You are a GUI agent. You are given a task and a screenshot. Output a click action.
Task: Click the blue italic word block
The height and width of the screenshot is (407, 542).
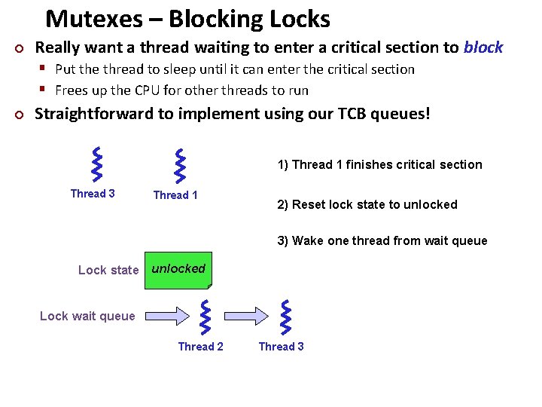pyautogui.click(x=483, y=47)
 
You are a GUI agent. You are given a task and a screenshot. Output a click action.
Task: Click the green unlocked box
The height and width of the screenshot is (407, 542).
pyautogui.click(x=179, y=270)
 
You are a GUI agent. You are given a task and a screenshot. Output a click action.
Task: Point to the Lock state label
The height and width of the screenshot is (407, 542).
pyautogui.click(x=108, y=270)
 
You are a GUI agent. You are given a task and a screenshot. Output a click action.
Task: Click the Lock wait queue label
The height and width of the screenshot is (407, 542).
pyautogui.click(x=87, y=316)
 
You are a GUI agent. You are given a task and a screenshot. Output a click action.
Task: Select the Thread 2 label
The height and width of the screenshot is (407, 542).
pyautogui.click(x=200, y=347)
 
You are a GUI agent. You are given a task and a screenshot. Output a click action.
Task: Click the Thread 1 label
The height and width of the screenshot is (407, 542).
pyautogui.click(x=175, y=195)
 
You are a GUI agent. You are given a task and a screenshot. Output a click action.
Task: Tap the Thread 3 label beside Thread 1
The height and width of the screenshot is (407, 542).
pyautogui.click(x=93, y=194)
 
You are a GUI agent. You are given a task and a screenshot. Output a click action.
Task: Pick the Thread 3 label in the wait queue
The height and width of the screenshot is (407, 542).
pyautogui.click(x=281, y=347)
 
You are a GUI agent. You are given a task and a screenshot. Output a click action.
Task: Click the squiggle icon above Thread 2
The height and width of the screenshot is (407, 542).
pyautogui.click(x=206, y=317)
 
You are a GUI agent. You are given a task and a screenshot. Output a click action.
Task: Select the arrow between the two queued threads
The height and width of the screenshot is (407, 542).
pyautogui.click(x=249, y=315)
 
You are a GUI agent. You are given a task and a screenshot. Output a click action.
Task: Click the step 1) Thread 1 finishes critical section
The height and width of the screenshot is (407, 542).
pyautogui.click(x=379, y=164)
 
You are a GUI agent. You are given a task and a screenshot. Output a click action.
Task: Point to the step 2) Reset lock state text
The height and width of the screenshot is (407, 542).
pyautogui.click(x=367, y=204)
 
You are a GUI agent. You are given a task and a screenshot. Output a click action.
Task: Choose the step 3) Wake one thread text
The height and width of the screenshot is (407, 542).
pyautogui.click(x=382, y=241)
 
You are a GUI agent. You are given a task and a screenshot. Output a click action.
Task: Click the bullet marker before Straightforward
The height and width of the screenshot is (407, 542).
pyautogui.click(x=20, y=115)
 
